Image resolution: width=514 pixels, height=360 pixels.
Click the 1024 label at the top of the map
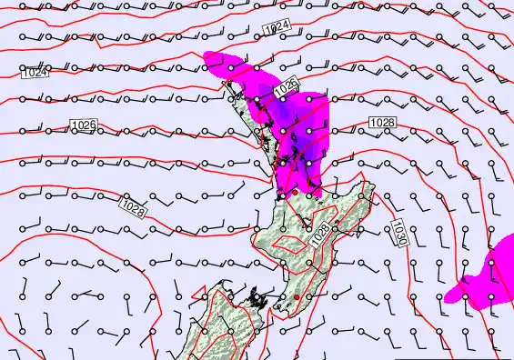277,29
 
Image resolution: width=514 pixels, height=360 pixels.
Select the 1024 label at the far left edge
34,72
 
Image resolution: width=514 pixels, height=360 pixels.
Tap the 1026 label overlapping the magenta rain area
286,86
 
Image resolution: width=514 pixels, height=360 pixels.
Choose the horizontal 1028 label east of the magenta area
382,123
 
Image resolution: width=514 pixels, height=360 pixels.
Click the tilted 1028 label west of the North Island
133,208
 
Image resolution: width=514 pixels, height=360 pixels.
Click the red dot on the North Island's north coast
294,193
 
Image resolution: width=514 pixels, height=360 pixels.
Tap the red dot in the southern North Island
297,296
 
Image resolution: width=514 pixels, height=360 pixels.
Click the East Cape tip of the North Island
372,186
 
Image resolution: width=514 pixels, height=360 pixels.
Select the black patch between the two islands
261,297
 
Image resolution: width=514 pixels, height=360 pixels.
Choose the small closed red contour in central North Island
293,243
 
